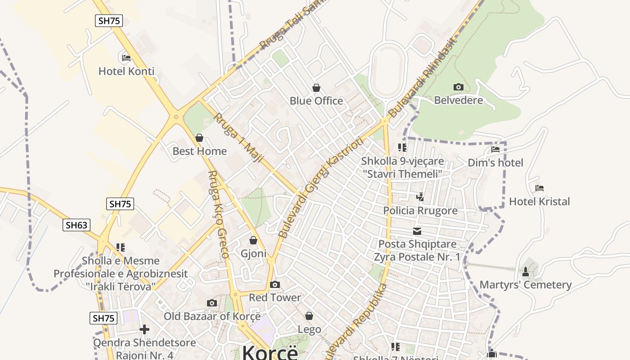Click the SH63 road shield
click(x=76, y=225)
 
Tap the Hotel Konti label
click(x=126, y=71)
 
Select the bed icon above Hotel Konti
click(x=126, y=58)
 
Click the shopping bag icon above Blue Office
click(x=316, y=87)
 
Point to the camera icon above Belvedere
click(x=458, y=87)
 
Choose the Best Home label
click(x=199, y=151)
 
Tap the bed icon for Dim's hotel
click(x=495, y=149)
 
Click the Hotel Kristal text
click(x=539, y=202)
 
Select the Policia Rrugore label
click(x=420, y=211)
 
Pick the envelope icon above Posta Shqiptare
click(x=417, y=231)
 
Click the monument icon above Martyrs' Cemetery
click(x=525, y=272)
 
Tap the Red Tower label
click(x=274, y=297)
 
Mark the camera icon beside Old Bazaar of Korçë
click(x=212, y=303)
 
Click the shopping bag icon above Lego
click(x=309, y=316)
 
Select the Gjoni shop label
click(x=253, y=253)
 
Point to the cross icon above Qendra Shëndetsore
click(x=144, y=329)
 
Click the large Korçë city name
click(x=270, y=352)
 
